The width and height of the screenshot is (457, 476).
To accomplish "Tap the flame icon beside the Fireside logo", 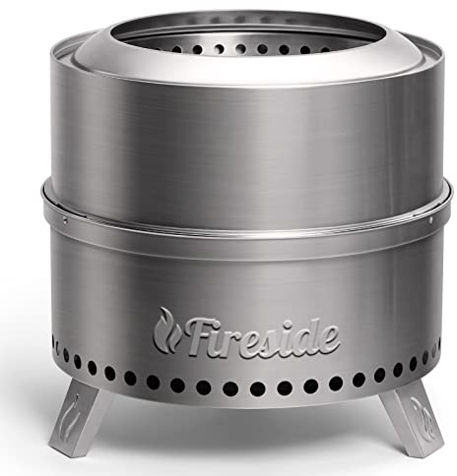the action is [x=166, y=329].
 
